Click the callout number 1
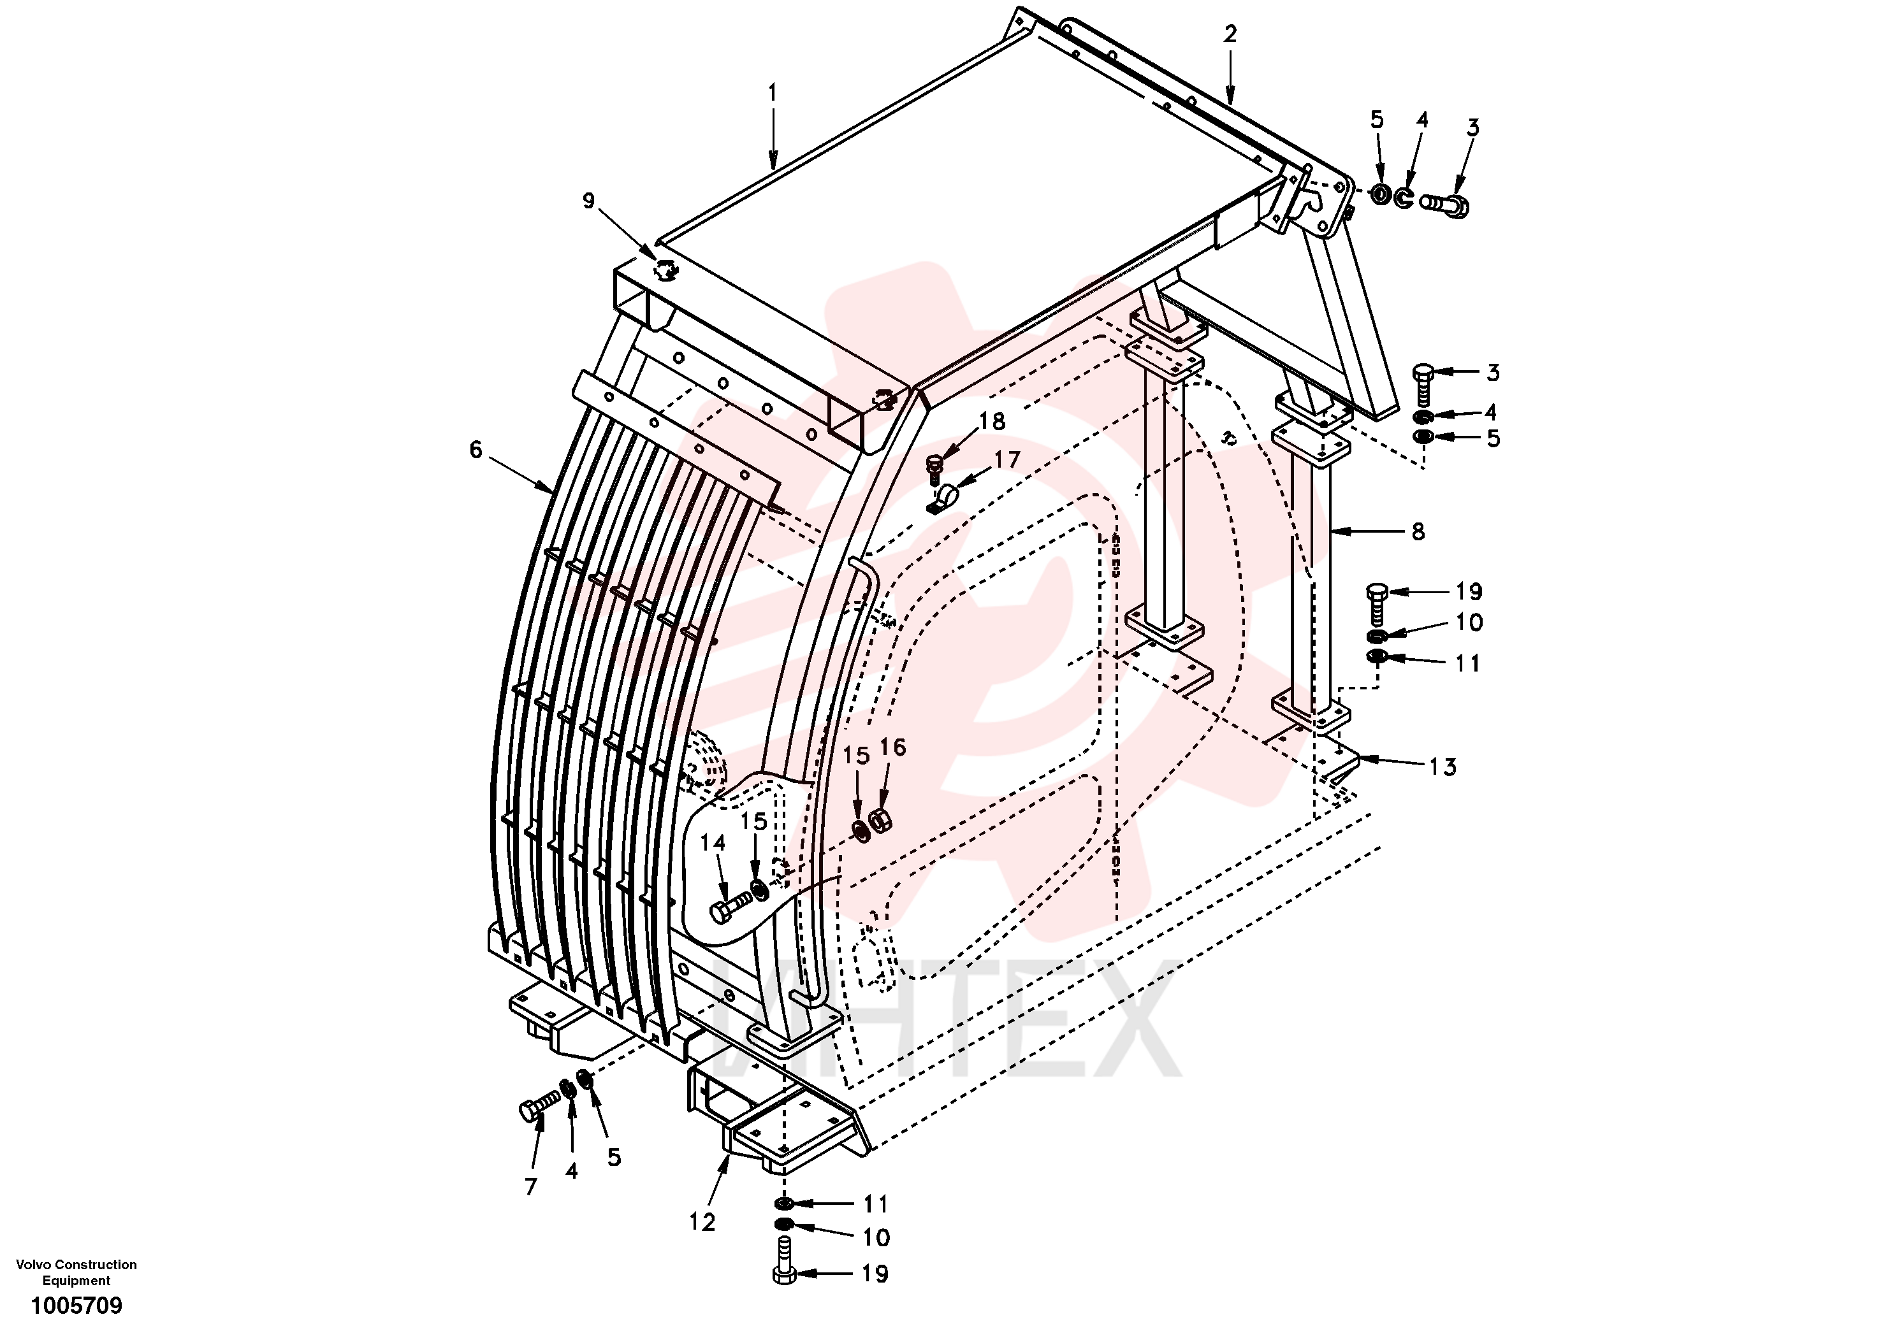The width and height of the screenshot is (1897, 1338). pos(773,92)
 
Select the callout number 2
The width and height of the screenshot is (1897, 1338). pos(1230,34)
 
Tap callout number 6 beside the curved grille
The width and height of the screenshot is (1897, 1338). pos(476,449)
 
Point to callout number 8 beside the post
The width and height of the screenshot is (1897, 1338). pos(1418,532)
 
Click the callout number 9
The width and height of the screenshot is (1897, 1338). pos(588,201)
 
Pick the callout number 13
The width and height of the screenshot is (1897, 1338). pos(1443,767)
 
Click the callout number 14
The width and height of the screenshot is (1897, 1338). pos(712,842)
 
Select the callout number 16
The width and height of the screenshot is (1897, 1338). pos(892,747)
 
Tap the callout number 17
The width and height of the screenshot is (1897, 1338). pos(1007,459)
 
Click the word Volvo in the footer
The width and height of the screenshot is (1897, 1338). pos(34,1265)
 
